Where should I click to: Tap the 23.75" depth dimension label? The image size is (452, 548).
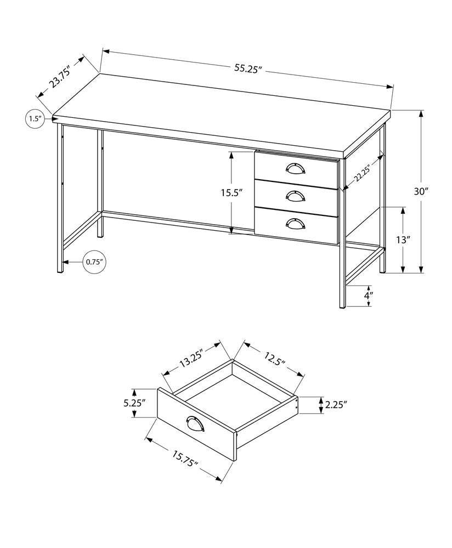coord(60,78)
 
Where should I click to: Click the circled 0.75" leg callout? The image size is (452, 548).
coord(94,262)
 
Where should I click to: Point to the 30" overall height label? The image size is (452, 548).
coord(421,191)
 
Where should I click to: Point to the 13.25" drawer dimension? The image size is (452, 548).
coord(190,360)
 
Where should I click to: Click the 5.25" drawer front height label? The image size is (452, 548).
coord(134,403)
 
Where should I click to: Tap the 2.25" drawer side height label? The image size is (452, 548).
coord(336,405)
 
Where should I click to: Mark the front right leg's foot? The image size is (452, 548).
coord(341,304)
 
